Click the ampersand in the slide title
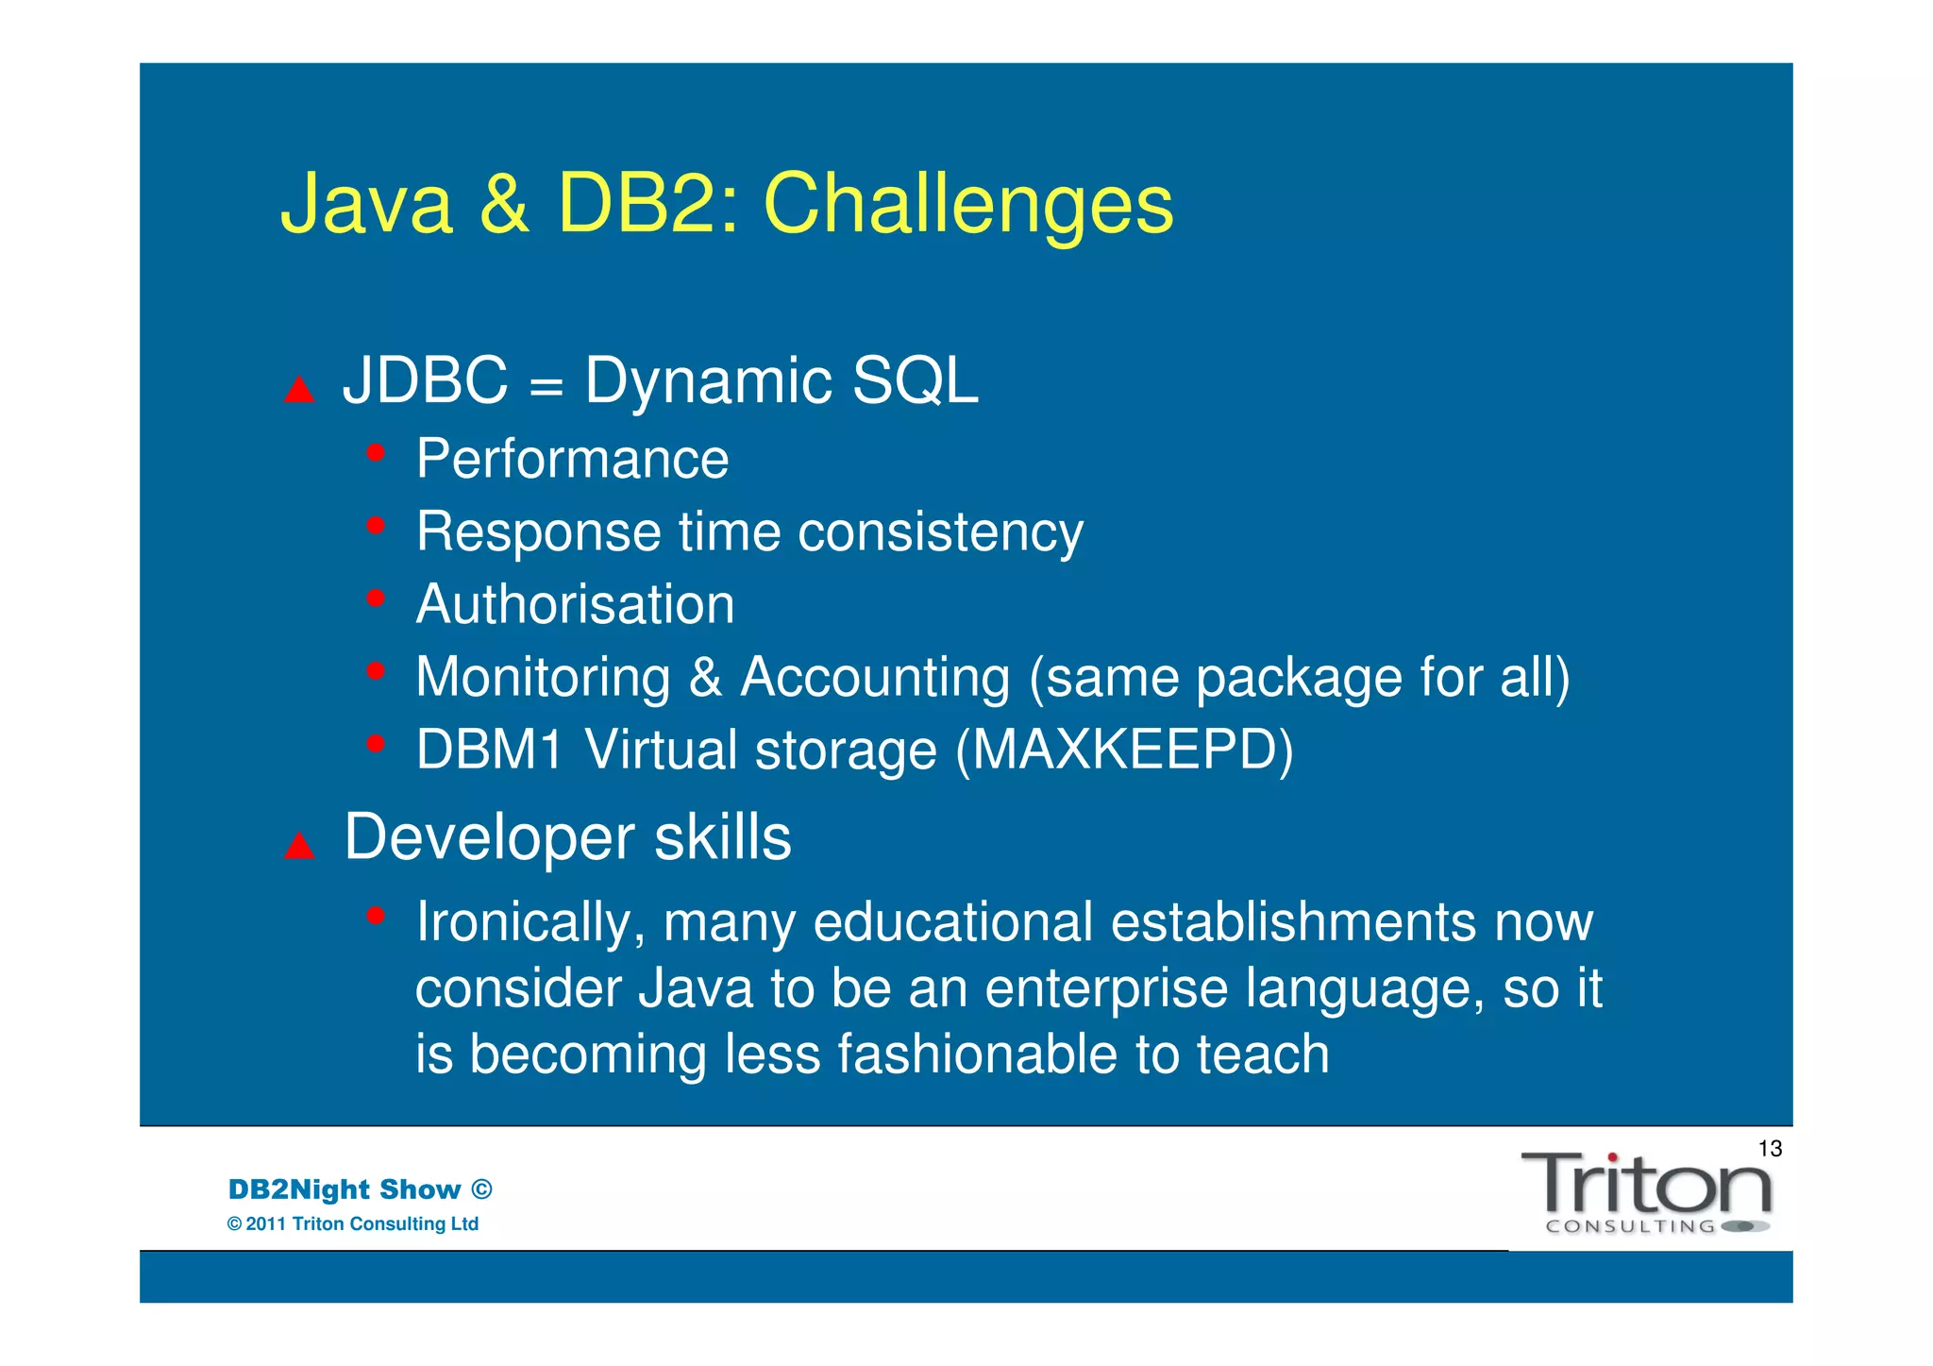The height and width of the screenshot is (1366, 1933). (x=504, y=205)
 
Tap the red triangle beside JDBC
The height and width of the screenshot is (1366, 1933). (x=299, y=389)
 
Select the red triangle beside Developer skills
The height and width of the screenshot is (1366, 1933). (x=299, y=846)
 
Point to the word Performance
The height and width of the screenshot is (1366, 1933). (x=572, y=460)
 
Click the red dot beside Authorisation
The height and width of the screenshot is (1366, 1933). (x=376, y=598)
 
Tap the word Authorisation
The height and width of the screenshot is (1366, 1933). (x=575, y=604)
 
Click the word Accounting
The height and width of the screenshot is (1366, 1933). (x=875, y=678)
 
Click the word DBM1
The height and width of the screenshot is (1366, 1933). (x=489, y=750)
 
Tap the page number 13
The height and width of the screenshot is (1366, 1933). (x=1770, y=1149)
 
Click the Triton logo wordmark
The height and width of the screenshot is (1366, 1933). (x=1645, y=1185)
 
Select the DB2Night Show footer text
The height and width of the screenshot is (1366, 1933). (x=360, y=1189)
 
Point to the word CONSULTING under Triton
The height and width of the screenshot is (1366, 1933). (x=1630, y=1227)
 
